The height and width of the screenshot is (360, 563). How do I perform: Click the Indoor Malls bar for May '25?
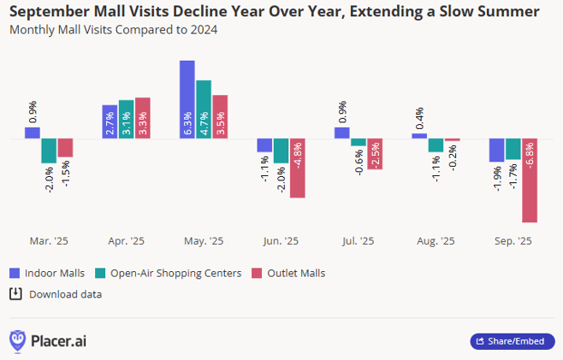pos(187,99)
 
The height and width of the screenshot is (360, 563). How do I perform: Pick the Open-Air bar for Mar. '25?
pos(49,150)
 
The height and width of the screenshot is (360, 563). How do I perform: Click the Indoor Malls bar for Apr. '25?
pos(110,121)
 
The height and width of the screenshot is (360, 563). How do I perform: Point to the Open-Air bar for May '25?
pos(204,109)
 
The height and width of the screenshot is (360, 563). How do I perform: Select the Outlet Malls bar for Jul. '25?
pos(375,154)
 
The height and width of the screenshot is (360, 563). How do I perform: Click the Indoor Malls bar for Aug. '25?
pos(419,136)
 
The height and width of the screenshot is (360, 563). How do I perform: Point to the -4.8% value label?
pos(298,159)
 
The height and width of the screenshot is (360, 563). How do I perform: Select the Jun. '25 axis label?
pos(281,242)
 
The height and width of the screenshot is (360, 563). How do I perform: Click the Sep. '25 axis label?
pos(513,242)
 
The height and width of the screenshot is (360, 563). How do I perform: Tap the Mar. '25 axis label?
pos(49,242)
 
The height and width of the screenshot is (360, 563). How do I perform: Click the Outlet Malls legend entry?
pos(288,273)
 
